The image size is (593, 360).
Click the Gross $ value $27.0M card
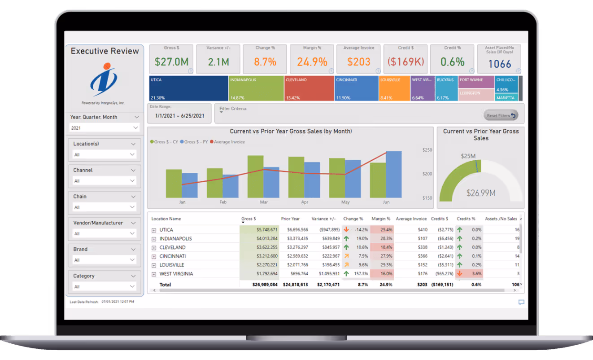[x=171, y=62]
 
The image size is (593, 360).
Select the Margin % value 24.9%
[x=312, y=62]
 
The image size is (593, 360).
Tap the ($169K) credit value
[x=406, y=62]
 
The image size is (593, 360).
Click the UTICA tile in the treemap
[x=188, y=88]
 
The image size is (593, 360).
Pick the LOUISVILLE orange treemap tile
[x=394, y=88]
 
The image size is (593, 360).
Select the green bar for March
[x=255, y=176]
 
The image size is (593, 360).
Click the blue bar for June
[x=393, y=174]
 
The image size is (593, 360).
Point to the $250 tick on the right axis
[x=427, y=150]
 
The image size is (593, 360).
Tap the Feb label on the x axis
[x=223, y=202]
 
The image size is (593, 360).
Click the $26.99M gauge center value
[x=480, y=193]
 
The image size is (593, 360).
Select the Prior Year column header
[x=290, y=219]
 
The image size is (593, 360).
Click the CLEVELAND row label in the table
[x=172, y=247]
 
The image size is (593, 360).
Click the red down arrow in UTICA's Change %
[x=346, y=229]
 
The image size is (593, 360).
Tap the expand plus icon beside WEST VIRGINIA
[x=153, y=274]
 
